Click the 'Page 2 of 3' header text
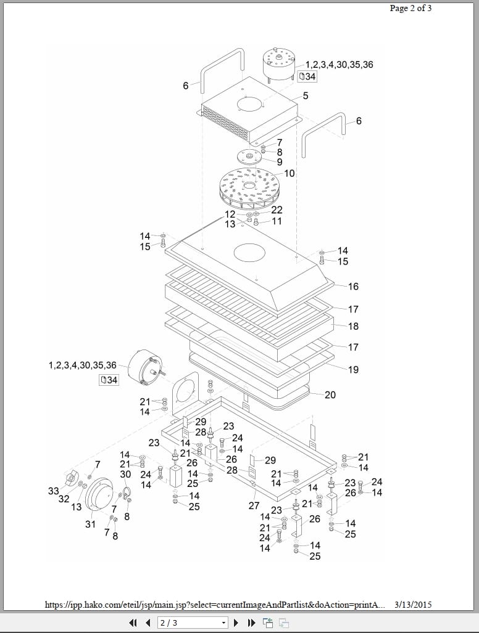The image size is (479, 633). (x=410, y=8)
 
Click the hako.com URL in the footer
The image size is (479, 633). (x=215, y=605)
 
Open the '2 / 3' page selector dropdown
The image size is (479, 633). (x=193, y=623)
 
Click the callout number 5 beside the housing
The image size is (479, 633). (x=306, y=96)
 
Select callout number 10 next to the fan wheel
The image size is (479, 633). (x=289, y=174)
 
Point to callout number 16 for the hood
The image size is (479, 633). (x=353, y=287)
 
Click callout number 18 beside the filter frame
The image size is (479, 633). (x=353, y=326)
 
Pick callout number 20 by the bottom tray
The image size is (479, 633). (x=330, y=394)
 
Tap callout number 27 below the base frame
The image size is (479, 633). (x=254, y=505)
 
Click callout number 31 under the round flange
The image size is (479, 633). (x=91, y=524)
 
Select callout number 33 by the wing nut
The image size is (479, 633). (x=54, y=491)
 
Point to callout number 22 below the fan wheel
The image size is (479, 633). (x=277, y=210)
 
